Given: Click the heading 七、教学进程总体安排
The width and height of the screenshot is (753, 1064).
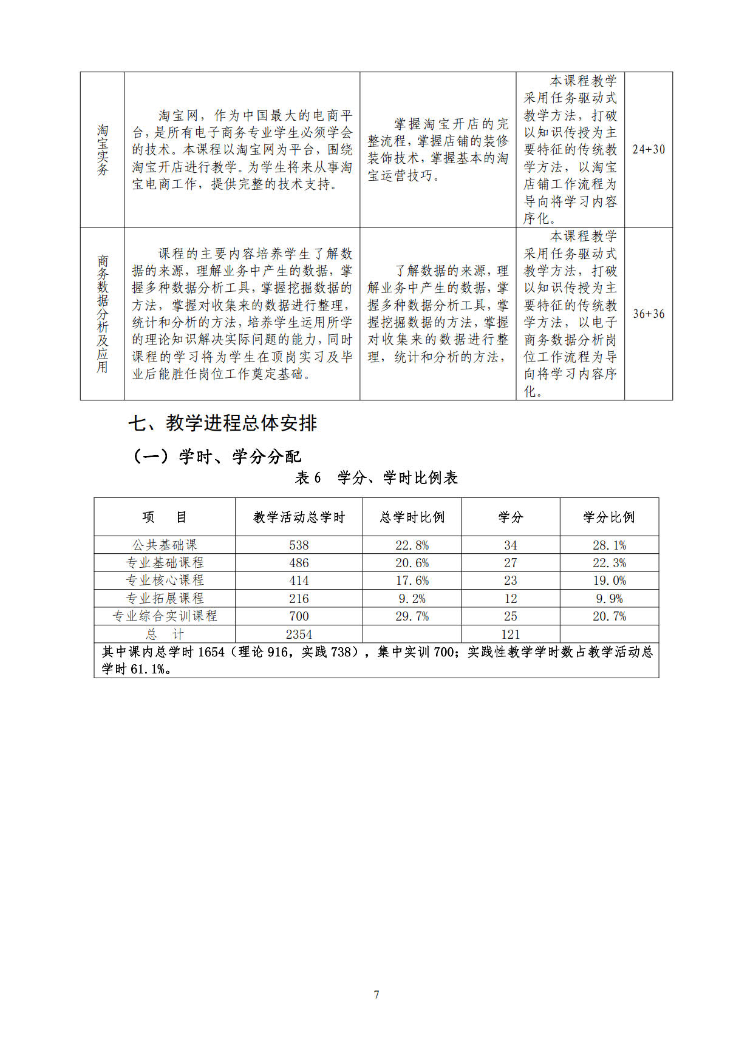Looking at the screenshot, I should (x=222, y=423).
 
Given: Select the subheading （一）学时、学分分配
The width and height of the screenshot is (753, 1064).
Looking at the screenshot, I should (x=216, y=456).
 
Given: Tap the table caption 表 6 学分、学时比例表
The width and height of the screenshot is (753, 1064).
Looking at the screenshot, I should (x=376, y=478).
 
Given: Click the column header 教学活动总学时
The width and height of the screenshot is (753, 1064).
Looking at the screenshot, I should (x=299, y=517).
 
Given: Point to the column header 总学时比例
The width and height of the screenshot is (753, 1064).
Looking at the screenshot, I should (x=412, y=517).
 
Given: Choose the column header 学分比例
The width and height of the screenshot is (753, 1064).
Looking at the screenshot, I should (x=608, y=517).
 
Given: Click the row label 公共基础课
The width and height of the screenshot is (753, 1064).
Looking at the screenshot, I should (x=165, y=545).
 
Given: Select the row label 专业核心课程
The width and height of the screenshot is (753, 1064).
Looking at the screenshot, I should (x=165, y=581).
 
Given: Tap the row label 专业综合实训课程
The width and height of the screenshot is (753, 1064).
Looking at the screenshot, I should (x=165, y=616).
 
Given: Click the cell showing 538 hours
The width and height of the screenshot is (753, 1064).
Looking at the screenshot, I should (x=299, y=545).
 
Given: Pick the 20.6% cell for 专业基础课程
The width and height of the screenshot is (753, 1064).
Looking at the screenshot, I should (x=412, y=563).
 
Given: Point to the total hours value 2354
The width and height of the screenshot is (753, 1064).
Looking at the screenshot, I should (x=299, y=635).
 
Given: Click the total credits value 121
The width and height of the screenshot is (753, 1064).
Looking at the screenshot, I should (x=510, y=635).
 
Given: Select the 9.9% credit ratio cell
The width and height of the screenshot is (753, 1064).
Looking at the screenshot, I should (x=608, y=599).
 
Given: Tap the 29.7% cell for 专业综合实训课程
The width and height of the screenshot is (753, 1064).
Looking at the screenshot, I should (x=412, y=616).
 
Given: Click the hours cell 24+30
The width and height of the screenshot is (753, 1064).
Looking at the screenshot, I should (x=648, y=149).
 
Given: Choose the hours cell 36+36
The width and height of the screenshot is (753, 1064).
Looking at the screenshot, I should (x=648, y=314).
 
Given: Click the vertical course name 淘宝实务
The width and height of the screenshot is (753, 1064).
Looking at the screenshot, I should (x=103, y=150).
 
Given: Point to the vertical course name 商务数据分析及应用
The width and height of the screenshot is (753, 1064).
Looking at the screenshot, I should (x=103, y=314).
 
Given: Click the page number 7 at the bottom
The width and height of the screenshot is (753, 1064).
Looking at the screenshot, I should (x=376, y=994).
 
